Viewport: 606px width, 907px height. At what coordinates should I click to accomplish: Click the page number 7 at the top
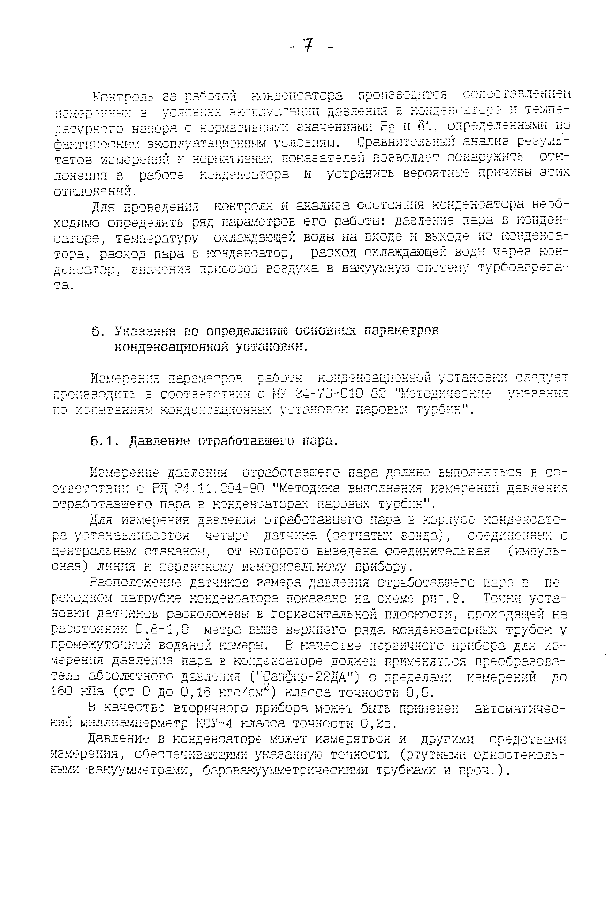coord(308,46)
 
